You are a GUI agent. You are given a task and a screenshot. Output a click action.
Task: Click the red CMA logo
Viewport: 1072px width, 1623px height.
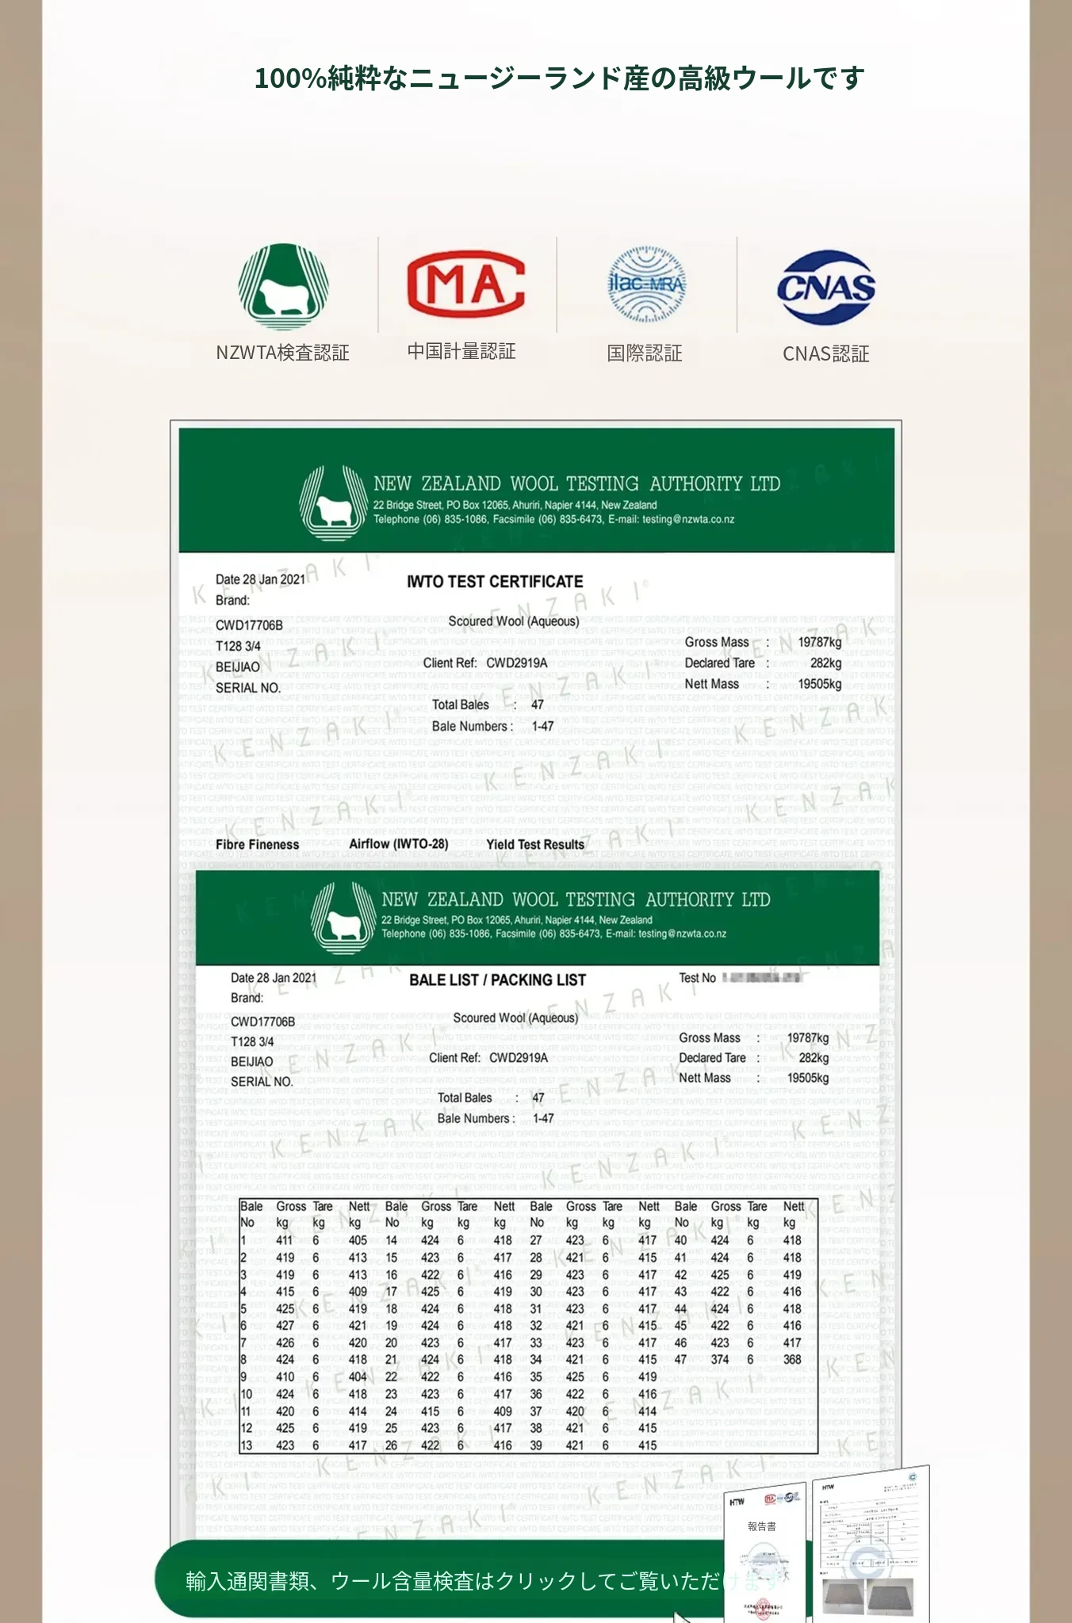point(466,284)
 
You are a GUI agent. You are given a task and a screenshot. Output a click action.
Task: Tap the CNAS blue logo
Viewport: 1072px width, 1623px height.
point(825,287)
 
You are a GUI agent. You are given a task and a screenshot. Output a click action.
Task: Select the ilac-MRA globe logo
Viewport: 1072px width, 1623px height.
point(646,285)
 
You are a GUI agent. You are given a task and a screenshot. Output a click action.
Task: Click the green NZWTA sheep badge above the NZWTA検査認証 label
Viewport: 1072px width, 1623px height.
point(283,287)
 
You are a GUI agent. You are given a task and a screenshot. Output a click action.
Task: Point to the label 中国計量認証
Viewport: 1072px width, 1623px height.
point(461,352)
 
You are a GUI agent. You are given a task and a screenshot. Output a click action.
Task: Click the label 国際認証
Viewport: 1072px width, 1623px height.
point(645,353)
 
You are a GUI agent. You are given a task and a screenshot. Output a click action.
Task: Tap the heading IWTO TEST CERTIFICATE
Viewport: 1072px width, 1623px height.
point(495,582)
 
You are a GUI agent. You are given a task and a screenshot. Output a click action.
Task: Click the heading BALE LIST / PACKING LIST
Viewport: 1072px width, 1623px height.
point(497,980)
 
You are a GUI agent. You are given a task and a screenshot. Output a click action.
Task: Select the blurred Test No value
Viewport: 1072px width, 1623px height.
point(761,978)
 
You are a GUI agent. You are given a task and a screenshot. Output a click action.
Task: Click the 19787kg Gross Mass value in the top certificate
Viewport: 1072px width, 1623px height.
point(819,643)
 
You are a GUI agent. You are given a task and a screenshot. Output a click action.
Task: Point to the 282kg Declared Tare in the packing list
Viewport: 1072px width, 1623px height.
point(813,1058)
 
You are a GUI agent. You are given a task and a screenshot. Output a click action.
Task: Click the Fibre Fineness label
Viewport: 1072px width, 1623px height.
point(257,845)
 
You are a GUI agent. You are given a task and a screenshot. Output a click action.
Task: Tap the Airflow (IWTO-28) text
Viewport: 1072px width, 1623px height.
point(398,845)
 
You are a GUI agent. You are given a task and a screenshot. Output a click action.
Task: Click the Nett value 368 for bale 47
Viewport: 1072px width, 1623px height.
point(792,1360)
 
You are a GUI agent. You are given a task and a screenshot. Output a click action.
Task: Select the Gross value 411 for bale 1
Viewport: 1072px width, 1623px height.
point(284,1241)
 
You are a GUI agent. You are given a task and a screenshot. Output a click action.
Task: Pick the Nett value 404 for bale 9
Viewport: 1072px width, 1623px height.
point(358,1377)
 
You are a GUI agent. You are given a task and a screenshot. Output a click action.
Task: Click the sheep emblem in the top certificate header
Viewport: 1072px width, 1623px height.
point(333,504)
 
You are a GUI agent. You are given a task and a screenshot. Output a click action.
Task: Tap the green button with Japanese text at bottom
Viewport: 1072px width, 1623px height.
point(444,1581)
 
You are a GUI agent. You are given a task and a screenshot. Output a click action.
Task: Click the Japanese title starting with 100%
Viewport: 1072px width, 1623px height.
point(558,78)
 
